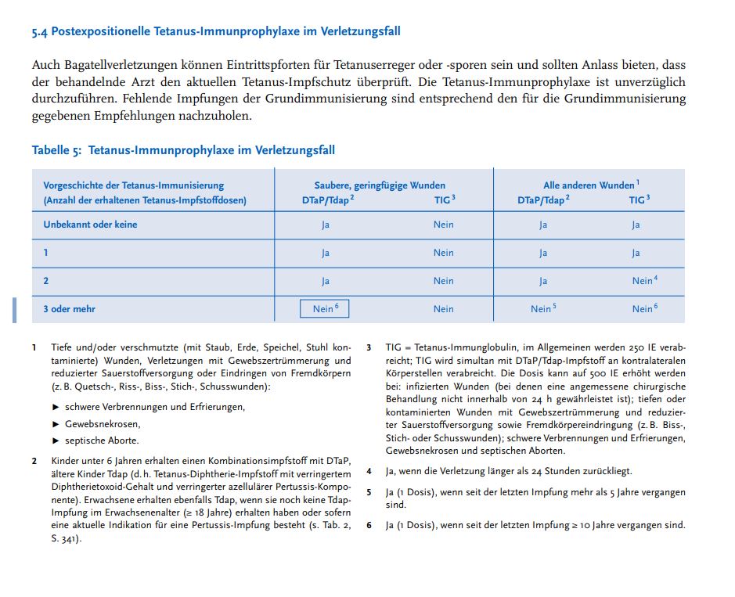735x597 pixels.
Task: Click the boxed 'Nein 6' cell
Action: tap(325, 309)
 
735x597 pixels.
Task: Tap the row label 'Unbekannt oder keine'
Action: tap(90, 225)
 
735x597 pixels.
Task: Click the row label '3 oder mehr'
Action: tap(69, 309)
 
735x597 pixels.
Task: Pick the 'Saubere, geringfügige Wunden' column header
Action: tap(380, 185)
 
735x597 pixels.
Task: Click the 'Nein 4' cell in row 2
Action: tap(644, 281)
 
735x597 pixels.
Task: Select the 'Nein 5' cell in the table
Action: tap(542, 309)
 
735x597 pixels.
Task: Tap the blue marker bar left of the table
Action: tap(13, 310)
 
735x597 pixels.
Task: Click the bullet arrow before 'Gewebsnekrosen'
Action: tap(56, 423)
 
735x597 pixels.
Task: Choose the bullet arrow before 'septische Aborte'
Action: tap(56, 441)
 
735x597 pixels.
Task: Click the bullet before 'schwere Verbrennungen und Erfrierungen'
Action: tap(56, 407)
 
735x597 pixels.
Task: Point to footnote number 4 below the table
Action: tap(369, 472)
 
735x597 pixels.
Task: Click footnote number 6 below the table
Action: tap(369, 525)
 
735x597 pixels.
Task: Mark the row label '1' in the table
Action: tap(45, 253)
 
